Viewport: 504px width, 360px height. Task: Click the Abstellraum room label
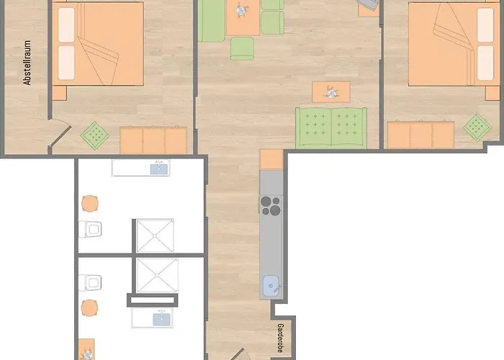27,63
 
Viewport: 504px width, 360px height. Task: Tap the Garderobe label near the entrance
280,338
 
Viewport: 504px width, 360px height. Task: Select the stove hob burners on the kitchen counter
270,206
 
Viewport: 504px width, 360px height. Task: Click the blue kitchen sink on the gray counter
271,286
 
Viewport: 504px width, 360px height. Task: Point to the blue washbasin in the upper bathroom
159,168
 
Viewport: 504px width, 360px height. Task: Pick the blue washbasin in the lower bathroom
162,319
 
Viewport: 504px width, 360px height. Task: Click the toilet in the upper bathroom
90,229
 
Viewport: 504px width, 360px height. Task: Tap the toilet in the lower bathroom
90,283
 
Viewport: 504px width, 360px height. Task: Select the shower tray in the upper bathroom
155,235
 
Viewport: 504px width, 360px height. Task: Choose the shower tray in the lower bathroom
157,276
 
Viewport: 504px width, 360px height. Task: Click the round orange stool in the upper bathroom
90,204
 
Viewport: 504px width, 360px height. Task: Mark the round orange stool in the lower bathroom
89,308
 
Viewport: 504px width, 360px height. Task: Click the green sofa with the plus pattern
331,128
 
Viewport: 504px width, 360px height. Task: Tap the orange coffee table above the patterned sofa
331,92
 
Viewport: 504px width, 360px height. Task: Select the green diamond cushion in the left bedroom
95,135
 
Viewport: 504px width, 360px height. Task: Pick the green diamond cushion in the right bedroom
477,127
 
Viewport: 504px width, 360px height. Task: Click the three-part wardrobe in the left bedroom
153,140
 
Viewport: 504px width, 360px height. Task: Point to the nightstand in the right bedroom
492,93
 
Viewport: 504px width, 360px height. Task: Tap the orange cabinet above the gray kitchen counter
271,159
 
